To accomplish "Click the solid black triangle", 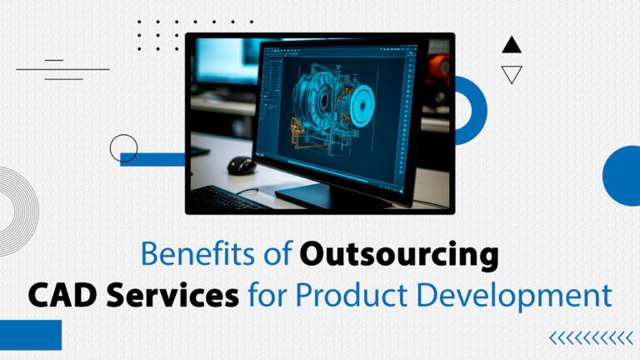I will (512, 45).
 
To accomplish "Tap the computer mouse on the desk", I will (241, 164).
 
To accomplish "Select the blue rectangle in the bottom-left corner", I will (30, 334).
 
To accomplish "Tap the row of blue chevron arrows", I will (591, 337).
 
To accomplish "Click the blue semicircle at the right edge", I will (623, 175).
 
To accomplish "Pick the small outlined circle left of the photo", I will (123, 147).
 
